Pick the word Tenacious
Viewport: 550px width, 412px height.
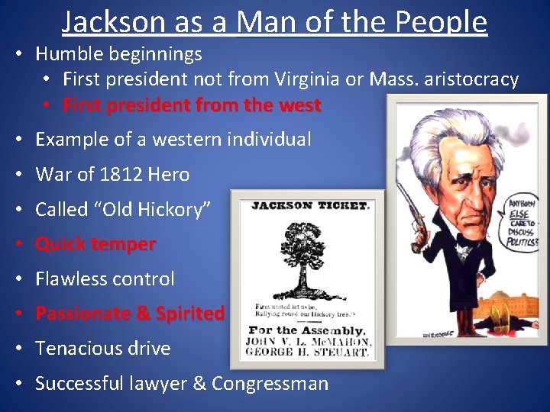click(x=73, y=349)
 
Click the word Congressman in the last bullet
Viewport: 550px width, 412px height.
click(x=270, y=383)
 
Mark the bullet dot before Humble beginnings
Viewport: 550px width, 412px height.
click(x=17, y=54)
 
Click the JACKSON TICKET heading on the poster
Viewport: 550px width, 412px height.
click(x=310, y=206)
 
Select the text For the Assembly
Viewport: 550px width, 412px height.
click(x=309, y=330)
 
